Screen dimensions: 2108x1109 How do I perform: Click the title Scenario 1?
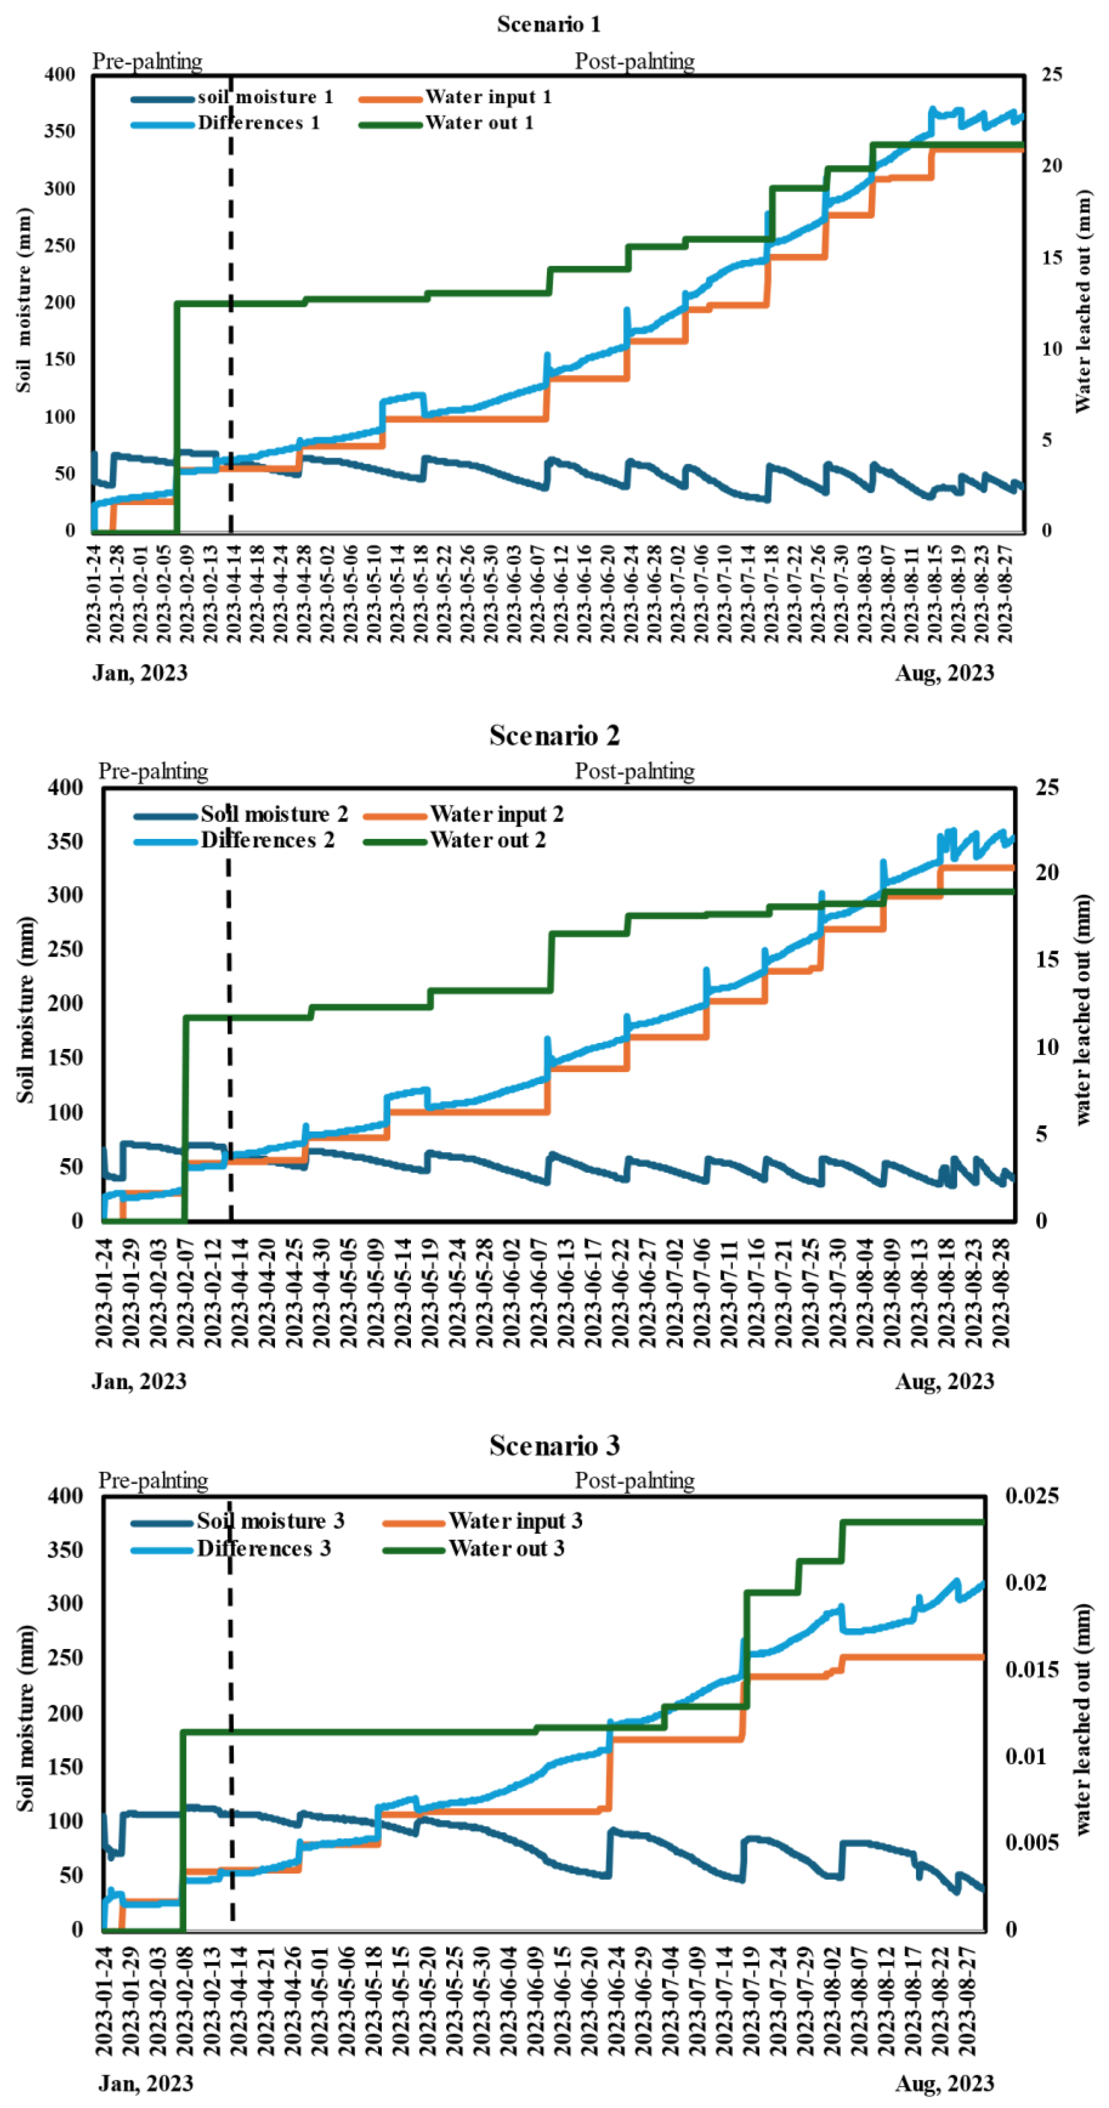(548, 25)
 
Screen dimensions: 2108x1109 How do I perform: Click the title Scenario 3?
(554, 1446)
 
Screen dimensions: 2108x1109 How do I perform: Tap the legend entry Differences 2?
(267, 841)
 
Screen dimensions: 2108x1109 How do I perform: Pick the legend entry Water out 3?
(506, 1548)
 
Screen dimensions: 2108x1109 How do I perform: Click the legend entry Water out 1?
(479, 123)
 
